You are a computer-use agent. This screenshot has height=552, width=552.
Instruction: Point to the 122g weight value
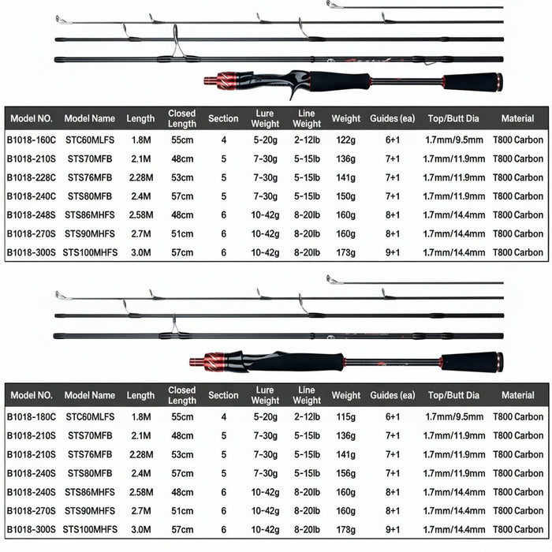(345, 140)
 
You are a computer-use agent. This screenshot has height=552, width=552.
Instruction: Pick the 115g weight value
(345, 416)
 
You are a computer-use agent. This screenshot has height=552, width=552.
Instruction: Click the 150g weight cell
(345, 196)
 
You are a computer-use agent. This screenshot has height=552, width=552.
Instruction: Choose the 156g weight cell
(345, 472)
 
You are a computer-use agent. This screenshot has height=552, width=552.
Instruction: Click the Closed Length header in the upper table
(182, 118)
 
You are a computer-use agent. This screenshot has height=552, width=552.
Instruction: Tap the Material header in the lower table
(517, 395)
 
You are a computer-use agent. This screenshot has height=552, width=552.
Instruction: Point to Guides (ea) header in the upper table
(392, 118)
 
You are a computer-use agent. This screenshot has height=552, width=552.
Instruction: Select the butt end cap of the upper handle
(499, 82)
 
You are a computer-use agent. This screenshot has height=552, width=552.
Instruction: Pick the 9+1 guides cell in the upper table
(392, 252)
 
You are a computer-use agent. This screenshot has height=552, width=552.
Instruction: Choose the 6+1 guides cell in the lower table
(392, 416)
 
